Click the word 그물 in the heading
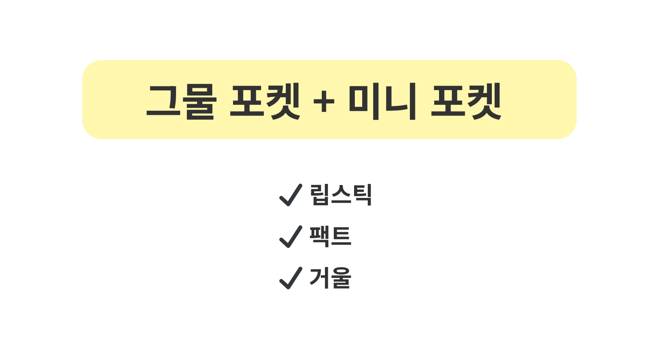[x=181, y=101]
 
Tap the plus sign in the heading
[x=323, y=101]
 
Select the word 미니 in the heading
[x=382, y=101]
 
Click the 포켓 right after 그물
[x=265, y=101]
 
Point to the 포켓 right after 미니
[x=466, y=101]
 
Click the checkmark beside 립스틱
[x=291, y=195]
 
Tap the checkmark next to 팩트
[x=291, y=237]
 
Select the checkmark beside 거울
[x=291, y=278]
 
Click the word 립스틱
[x=340, y=195]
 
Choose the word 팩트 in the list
[x=330, y=236]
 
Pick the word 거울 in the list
[x=330, y=278]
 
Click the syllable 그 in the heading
[x=162, y=101]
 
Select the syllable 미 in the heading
[x=365, y=101]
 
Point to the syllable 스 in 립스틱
[x=341, y=195]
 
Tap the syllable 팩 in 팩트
[x=320, y=236]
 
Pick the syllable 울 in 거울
[x=341, y=278]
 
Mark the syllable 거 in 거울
[x=320, y=278]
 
